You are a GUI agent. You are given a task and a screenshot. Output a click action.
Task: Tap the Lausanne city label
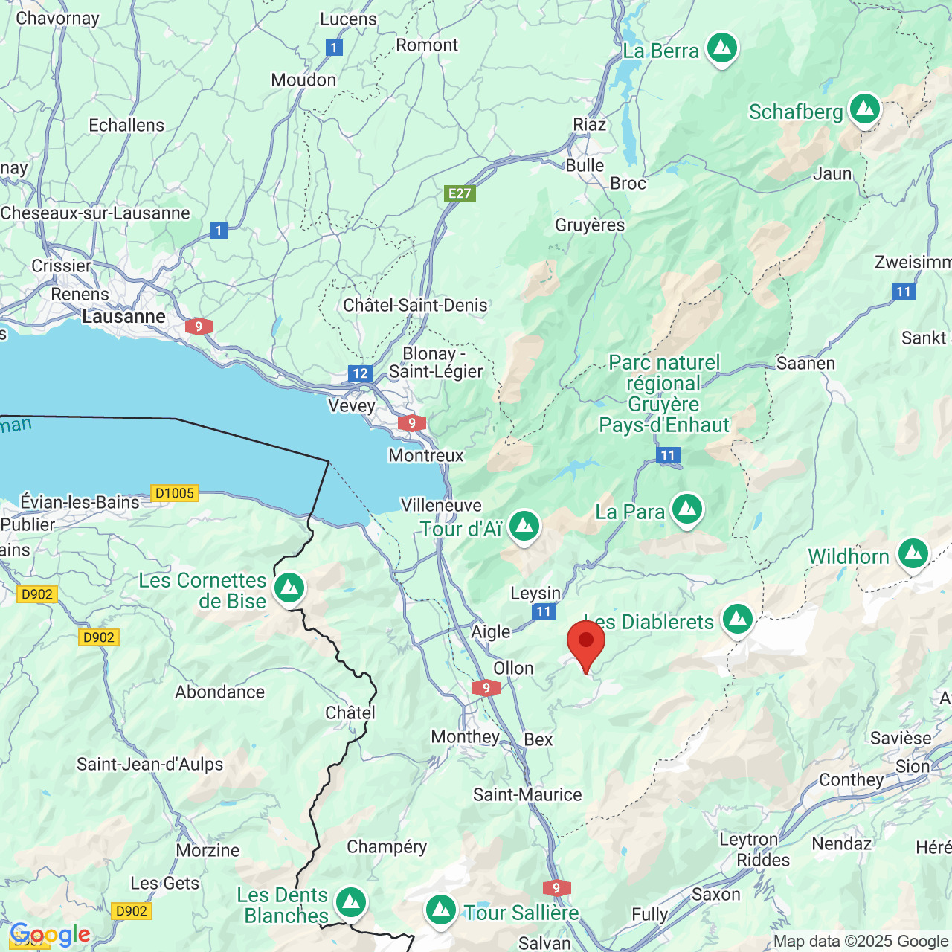pos(123,317)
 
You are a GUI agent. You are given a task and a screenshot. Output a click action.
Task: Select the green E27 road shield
pos(460,193)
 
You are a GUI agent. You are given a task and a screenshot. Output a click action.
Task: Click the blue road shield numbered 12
pos(360,373)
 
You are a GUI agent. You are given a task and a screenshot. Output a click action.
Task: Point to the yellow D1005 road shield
pos(175,493)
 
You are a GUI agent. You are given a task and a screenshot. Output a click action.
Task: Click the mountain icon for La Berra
pos(721,48)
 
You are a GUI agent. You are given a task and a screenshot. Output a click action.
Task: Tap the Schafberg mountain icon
pos(864,109)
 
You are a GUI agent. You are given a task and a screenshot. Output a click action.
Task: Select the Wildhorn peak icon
pos(913,554)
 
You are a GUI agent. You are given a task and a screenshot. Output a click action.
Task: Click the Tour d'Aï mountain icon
pos(524,526)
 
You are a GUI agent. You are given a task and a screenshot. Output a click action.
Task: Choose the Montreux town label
pos(425,455)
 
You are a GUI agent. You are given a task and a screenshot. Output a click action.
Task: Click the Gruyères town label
pos(590,225)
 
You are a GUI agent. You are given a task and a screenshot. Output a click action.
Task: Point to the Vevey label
pos(352,406)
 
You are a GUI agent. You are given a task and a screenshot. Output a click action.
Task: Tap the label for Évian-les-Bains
pos(80,502)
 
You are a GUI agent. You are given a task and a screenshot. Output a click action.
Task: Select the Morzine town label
pos(208,850)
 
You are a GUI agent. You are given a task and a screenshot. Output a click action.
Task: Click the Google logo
pos(50,934)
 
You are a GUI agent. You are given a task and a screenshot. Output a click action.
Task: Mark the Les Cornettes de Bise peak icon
pos(289,588)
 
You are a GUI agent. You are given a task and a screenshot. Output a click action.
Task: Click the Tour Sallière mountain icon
pos(440,910)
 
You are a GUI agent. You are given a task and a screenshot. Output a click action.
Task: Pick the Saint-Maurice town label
pos(527,794)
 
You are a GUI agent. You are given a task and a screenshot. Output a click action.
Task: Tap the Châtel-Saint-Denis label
pos(415,305)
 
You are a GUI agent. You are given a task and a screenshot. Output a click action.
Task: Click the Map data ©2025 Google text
pos(861,941)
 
